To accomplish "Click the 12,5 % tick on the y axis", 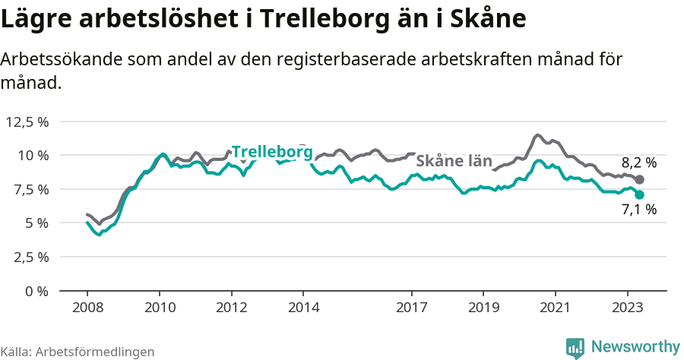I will coord(27,122).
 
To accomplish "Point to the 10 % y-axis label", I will coord(33,155).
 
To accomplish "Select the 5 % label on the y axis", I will coord(37,223).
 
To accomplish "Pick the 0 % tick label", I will coord(37,290).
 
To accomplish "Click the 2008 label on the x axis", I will coord(87,309).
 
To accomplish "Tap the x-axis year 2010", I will coord(160,309).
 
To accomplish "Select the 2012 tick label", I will coord(232,309).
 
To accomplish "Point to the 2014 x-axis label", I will coord(303,309).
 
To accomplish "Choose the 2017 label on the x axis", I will coord(412,309).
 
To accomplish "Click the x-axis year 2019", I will coord(483,309).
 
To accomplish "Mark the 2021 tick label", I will coord(556,309).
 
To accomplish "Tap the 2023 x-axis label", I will coord(628,309).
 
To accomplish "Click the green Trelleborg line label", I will coord(271,152).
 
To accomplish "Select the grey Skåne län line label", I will coord(454,161).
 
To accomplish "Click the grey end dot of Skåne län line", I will coord(639,180).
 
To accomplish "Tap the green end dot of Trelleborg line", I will coord(639,195).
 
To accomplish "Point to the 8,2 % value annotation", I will coord(638,163).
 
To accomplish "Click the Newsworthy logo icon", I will coord(575,347).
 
